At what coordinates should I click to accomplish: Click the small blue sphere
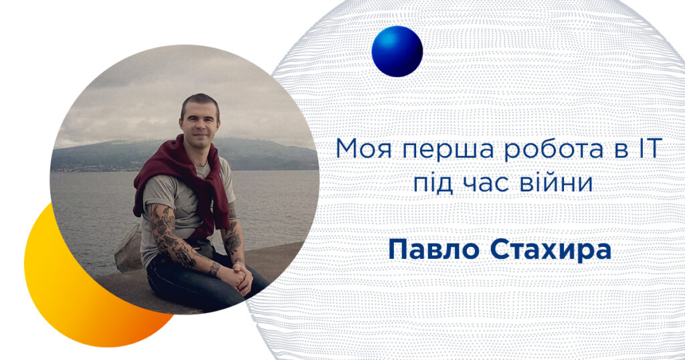397,51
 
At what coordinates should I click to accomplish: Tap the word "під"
433,183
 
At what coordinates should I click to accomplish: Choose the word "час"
487,185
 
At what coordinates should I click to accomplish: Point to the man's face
199,124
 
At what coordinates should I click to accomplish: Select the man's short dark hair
199,102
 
